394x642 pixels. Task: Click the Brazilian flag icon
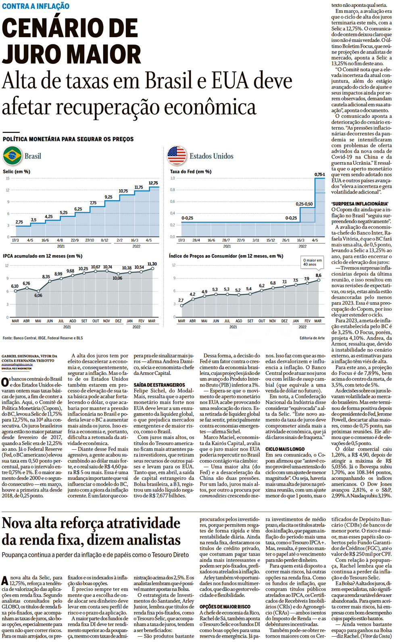tap(12, 156)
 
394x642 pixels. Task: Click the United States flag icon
tap(177, 156)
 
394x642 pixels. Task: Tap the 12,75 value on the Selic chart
tap(153, 183)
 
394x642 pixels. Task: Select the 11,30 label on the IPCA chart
tap(152, 264)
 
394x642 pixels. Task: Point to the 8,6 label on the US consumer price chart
tap(319, 275)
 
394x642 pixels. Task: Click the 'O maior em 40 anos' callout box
tap(313, 262)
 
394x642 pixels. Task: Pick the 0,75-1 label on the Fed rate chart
tap(319, 174)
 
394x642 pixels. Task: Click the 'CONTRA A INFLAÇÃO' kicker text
tap(35, 6)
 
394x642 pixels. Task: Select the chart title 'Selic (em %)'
tap(17, 171)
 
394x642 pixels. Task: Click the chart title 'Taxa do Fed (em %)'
tap(190, 171)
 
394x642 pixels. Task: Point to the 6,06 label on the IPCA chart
tap(38, 295)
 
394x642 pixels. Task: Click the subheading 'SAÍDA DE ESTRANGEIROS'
tap(159, 385)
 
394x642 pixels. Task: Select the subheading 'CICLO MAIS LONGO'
tap(285, 449)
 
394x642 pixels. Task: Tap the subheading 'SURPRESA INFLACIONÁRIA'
tap(360, 204)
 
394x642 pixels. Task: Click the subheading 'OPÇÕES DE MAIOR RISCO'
tap(225, 606)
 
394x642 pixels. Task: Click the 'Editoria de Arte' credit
tap(312, 338)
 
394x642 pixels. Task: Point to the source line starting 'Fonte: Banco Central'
tap(43, 338)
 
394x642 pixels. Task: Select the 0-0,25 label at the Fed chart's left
tap(187, 218)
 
